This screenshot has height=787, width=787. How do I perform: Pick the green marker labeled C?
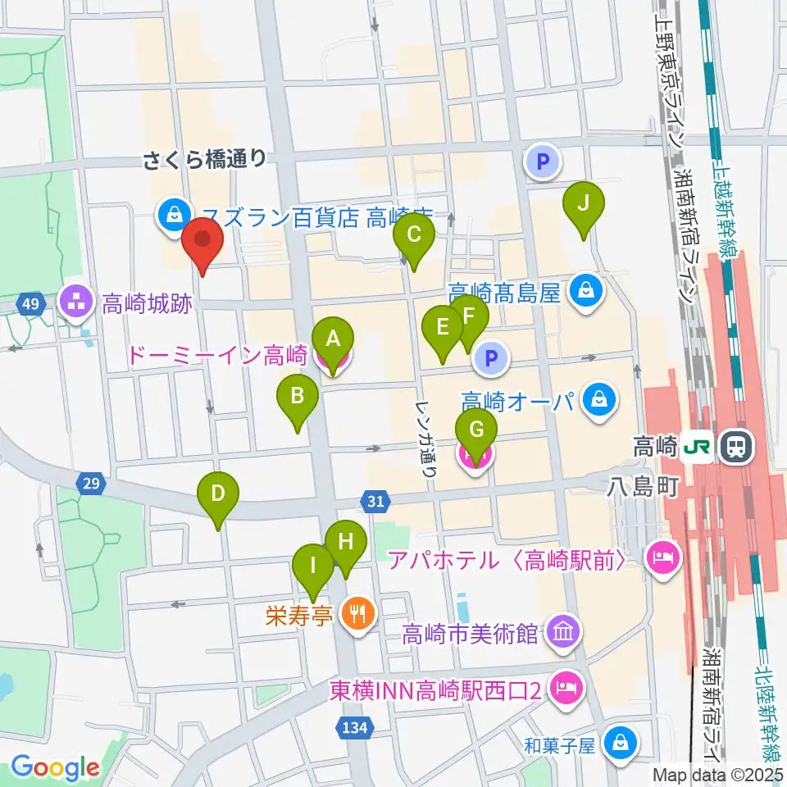click(414, 236)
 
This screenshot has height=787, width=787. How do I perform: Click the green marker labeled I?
click(313, 565)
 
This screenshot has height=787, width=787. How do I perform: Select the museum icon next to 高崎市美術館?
click(564, 632)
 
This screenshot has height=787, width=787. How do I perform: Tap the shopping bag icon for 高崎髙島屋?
click(587, 290)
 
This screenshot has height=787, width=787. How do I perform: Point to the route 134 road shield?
click(356, 726)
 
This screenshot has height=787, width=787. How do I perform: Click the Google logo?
click(55, 767)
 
